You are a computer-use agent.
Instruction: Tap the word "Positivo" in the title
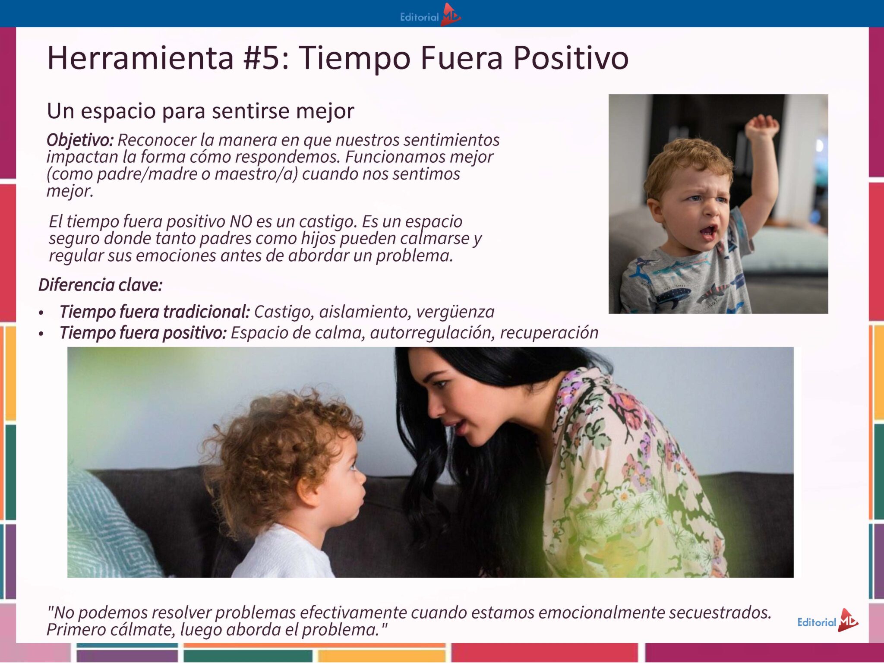[571, 58]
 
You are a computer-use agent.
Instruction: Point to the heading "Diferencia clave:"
[101, 285]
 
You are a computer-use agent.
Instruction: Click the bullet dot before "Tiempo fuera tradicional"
[41, 313]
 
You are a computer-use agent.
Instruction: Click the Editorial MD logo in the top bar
[430, 16]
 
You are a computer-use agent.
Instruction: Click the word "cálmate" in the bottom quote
[143, 630]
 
